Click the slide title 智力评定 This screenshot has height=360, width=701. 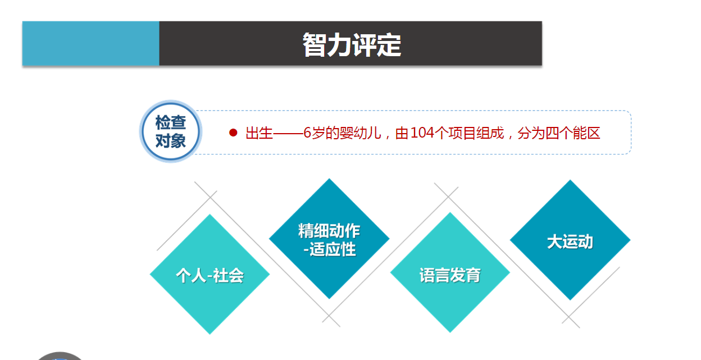click(x=352, y=45)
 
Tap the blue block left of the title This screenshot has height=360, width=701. click(x=90, y=44)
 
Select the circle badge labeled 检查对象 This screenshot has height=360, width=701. click(x=170, y=131)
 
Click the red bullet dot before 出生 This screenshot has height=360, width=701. click(x=233, y=133)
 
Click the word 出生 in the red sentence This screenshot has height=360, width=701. click(x=259, y=133)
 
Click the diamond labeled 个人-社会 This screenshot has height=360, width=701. click(x=210, y=275)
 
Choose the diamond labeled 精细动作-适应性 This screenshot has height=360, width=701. click(x=329, y=239)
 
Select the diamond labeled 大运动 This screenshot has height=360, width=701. click(x=570, y=240)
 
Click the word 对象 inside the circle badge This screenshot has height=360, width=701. click(x=170, y=140)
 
